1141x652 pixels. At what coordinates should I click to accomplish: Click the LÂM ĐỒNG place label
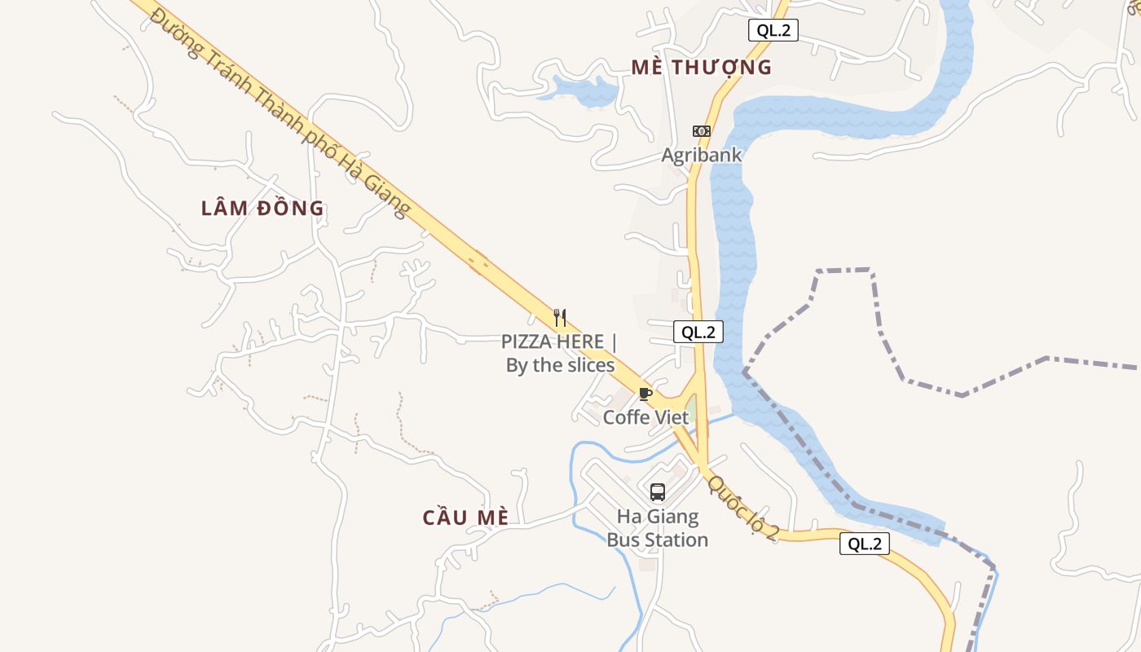(x=262, y=209)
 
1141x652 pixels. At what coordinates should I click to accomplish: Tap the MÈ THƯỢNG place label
(x=701, y=68)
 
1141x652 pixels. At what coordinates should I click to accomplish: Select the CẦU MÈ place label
(x=465, y=518)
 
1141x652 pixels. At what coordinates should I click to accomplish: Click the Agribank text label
(x=701, y=155)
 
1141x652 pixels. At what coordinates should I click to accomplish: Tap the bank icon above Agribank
(x=701, y=131)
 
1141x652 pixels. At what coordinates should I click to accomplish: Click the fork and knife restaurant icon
(x=559, y=317)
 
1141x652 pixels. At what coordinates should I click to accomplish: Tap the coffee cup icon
(x=645, y=394)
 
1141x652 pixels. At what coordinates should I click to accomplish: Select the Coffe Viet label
(x=645, y=417)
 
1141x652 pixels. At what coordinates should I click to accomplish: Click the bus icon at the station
(x=657, y=491)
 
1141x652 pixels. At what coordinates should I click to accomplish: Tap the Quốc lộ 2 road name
(x=743, y=508)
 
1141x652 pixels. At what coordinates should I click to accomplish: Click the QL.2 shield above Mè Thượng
(x=773, y=31)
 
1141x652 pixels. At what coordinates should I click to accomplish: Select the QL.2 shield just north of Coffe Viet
(x=698, y=332)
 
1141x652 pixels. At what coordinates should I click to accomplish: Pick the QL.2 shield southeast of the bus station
(x=864, y=544)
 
